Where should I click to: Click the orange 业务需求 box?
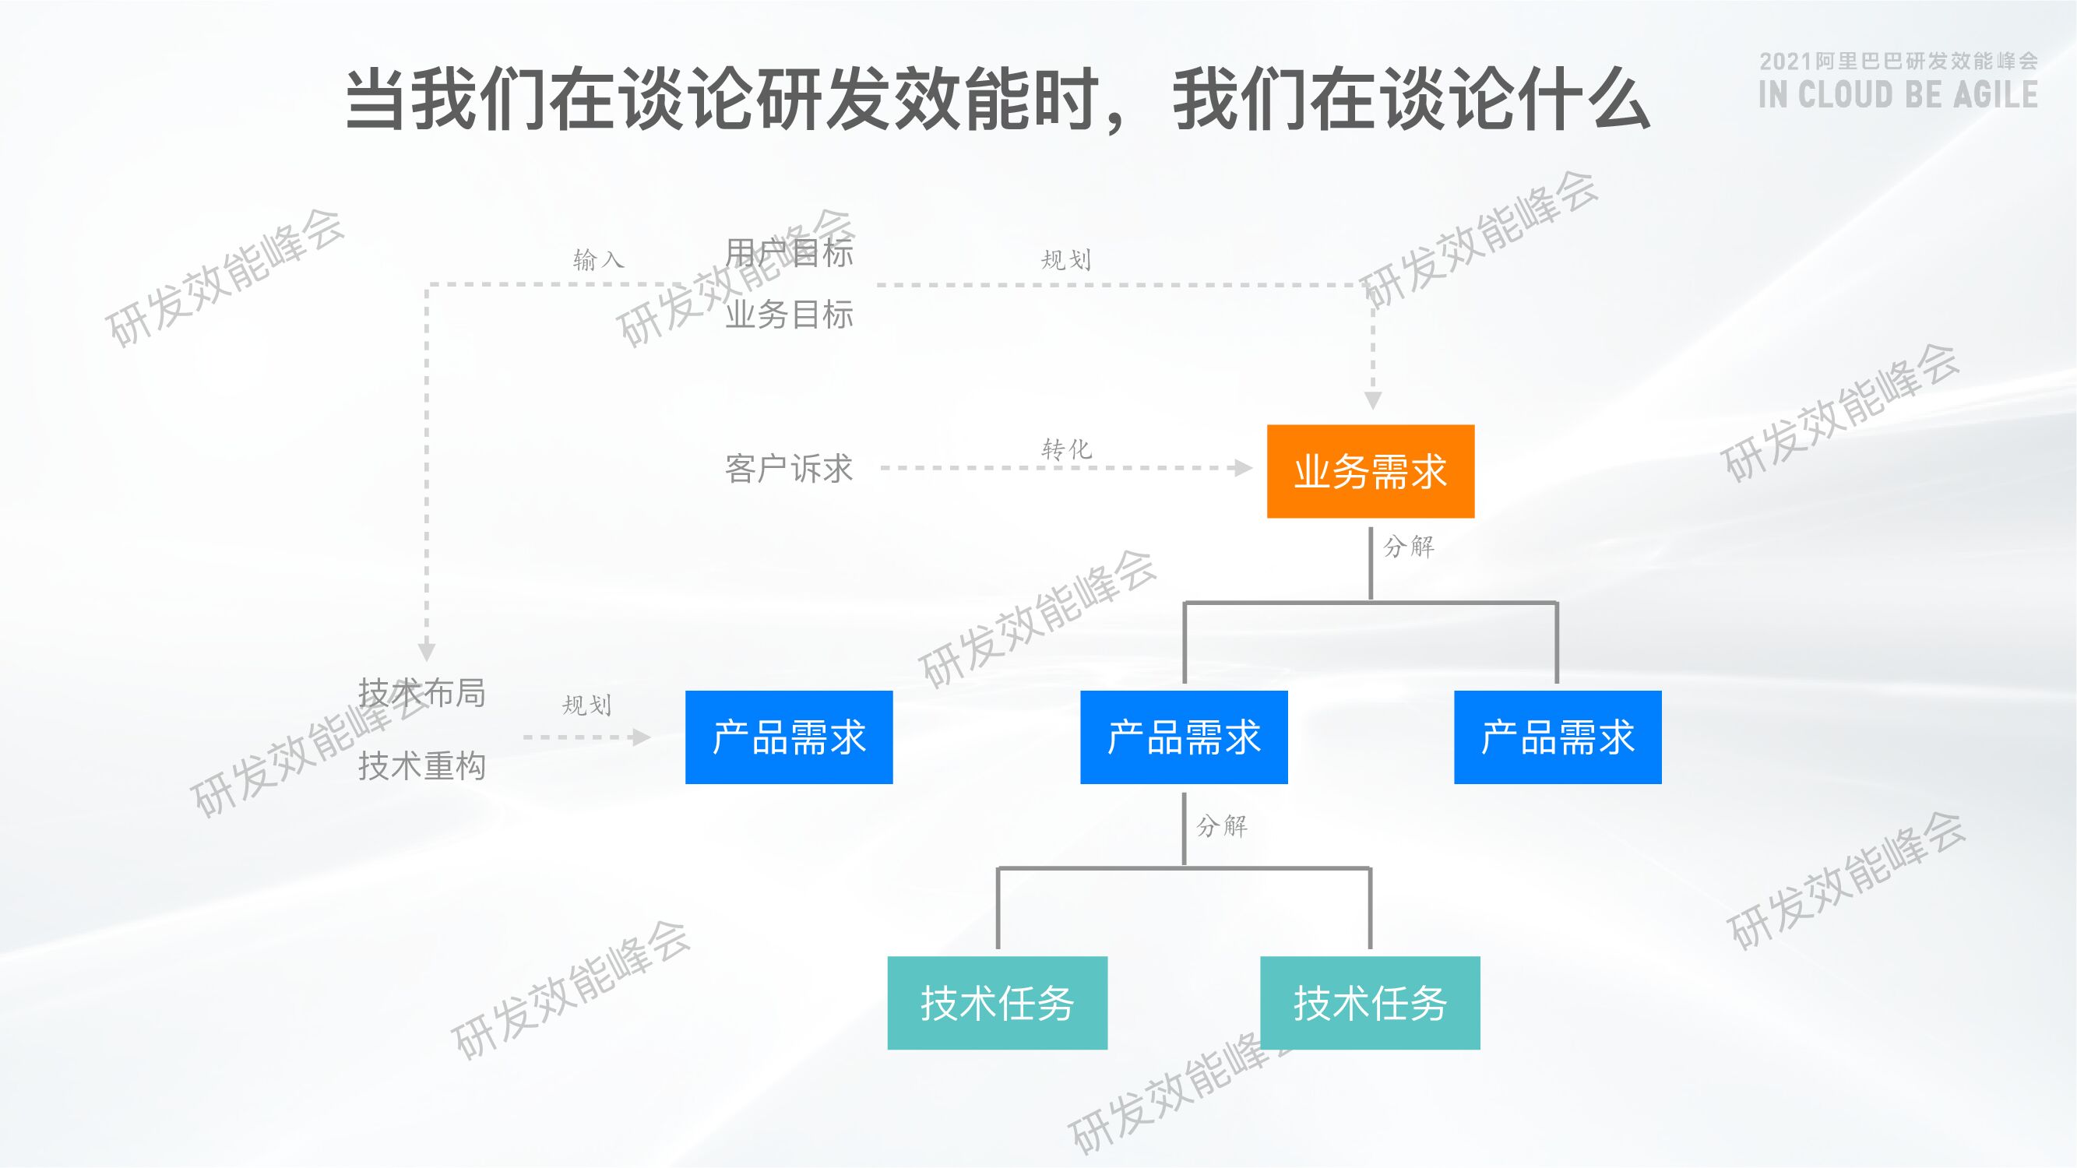(1370, 471)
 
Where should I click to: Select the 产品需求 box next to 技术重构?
(789, 737)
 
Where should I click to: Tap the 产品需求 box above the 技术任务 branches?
(1184, 737)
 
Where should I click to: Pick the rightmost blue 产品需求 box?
(1557, 737)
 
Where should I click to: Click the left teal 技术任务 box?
(998, 1003)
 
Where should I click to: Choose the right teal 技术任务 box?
(1370, 1003)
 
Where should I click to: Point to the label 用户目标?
(789, 253)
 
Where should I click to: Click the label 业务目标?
(789, 315)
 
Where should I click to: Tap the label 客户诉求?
(789, 468)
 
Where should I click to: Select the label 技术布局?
(421, 692)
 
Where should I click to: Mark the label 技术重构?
(421, 765)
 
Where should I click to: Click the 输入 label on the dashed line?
(598, 259)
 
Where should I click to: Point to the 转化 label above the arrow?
(1066, 449)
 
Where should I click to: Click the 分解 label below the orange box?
(1409, 547)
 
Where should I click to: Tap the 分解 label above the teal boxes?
(1222, 825)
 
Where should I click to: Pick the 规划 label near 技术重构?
(586, 705)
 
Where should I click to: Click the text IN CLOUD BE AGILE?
(1898, 95)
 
